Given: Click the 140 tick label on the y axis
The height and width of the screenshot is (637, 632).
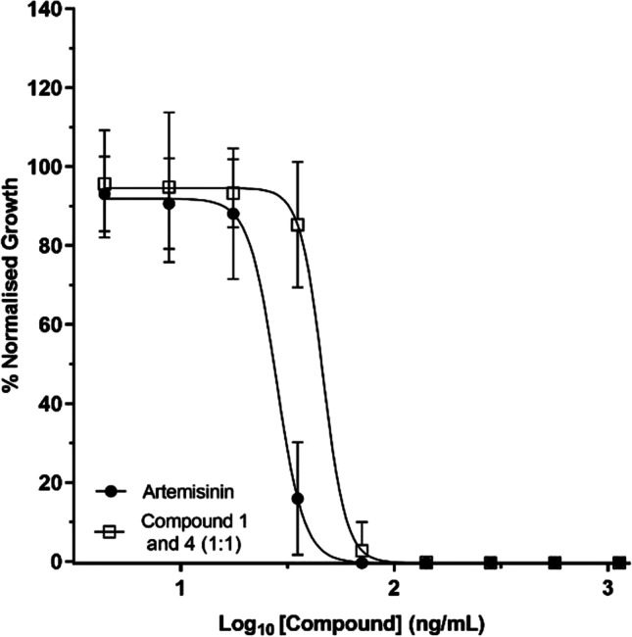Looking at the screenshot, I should (45, 10).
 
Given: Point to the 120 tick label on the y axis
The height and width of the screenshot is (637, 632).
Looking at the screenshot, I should (45, 88).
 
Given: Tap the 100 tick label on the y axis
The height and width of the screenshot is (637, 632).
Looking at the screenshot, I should (45, 168).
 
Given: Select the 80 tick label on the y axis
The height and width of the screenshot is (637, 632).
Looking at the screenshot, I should (50, 246).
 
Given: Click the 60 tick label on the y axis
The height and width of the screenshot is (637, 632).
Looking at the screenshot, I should (50, 325).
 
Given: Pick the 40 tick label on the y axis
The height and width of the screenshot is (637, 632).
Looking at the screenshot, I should (50, 404).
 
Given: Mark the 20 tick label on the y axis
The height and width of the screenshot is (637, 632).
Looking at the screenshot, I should (50, 483).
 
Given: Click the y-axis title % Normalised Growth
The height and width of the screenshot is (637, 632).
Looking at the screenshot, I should (14, 284).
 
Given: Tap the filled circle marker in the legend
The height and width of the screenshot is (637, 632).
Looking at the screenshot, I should (112, 488).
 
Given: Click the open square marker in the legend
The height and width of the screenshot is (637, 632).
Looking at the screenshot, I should (112, 529).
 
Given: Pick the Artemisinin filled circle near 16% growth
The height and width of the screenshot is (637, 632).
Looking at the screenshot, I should (298, 499).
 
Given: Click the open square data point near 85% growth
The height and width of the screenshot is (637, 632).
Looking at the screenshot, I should (299, 224).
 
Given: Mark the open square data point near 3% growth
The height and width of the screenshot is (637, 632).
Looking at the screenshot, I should (363, 551).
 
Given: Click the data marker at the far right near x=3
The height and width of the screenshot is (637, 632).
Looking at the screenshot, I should (619, 563).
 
